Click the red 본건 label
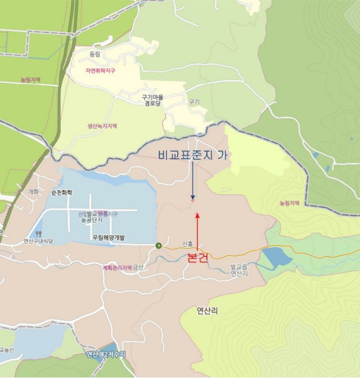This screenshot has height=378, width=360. point(198,258)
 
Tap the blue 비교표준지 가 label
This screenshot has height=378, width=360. point(192,156)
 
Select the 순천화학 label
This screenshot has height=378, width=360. point(62,192)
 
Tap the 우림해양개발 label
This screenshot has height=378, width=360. point(108,237)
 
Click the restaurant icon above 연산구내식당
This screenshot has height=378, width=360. point(38,234)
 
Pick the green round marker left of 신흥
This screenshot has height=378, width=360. point(159,246)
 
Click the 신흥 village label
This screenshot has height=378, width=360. point(188,244)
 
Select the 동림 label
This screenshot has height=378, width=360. point(95,55)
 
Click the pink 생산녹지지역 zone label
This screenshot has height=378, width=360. point(102,126)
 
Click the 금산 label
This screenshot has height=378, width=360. point(139,267)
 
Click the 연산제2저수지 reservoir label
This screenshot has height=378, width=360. point(106,354)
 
